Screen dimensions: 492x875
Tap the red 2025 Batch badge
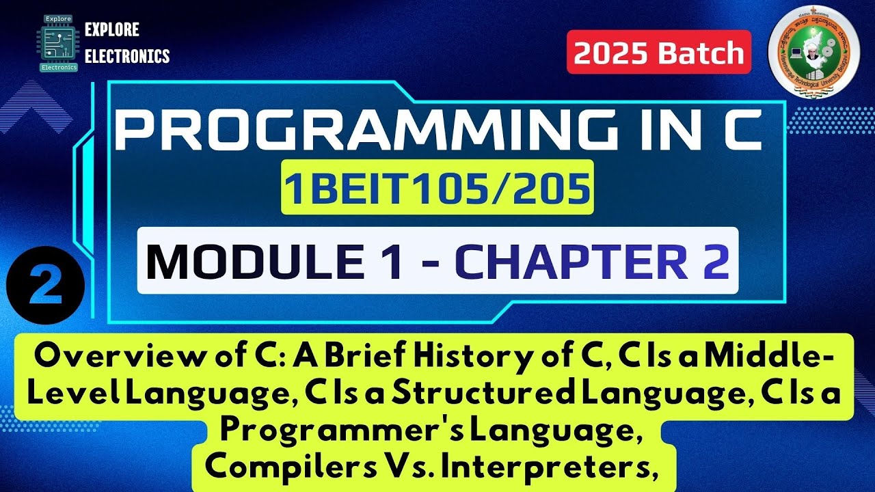(658, 53)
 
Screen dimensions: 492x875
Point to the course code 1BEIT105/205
(437, 191)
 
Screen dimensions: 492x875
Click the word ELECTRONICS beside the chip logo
(127, 55)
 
